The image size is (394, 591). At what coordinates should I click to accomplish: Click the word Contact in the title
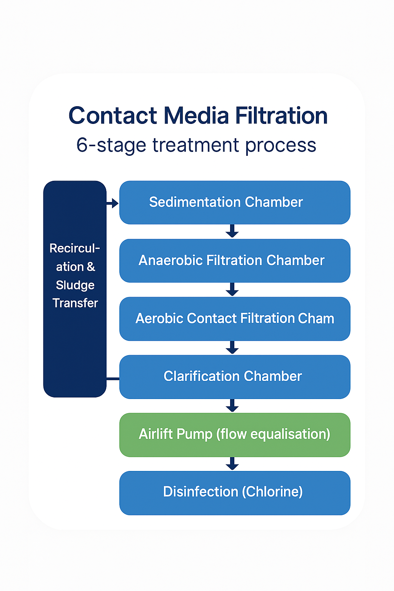(x=113, y=116)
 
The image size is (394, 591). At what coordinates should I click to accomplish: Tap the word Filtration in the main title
(x=281, y=116)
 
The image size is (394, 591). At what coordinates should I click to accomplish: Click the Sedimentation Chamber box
(x=235, y=202)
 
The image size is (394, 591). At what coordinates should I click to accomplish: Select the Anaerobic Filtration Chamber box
(x=235, y=260)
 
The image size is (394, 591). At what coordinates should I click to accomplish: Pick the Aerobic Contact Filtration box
(x=235, y=319)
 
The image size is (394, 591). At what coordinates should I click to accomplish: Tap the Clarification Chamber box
(x=235, y=377)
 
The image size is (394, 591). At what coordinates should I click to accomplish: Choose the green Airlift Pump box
(x=235, y=435)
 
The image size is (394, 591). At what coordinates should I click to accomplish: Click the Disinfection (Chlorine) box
(x=235, y=493)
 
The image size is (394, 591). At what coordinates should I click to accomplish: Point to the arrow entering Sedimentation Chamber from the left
(x=113, y=203)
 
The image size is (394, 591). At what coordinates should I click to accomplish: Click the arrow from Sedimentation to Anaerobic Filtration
(x=232, y=231)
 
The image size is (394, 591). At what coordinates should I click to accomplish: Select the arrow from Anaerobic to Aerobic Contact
(x=232, y=289)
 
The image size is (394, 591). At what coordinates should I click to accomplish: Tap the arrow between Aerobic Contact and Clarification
(x=232, y=347)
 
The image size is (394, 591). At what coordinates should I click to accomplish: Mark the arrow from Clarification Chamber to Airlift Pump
(x=232, y=406)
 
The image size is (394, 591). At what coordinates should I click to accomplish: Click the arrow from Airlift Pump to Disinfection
(x=232, y=464)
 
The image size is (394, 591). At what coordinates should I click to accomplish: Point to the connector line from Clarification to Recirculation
(x=113, y=379)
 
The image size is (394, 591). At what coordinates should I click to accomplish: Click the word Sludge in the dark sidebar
(x=75, y=285)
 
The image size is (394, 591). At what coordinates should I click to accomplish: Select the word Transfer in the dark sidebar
(x=75, y=303)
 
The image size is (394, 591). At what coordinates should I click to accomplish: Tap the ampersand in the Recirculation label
(x=91, y=267)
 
